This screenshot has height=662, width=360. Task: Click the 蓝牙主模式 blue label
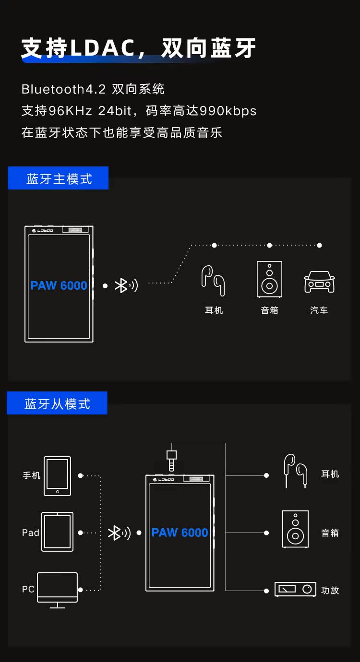pos(58,178)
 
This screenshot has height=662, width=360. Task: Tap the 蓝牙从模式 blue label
pos(57,403)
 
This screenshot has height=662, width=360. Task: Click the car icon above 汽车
pos(319,282)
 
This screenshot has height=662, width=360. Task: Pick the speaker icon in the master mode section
pos(269,279)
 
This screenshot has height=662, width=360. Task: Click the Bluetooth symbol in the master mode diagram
pos(121,285)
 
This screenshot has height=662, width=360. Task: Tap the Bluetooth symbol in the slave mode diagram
pos(114,532)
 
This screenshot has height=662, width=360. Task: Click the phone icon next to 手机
pos(57,475)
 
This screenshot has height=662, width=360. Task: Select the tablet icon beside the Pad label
pos(57,532)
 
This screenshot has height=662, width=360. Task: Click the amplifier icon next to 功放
pos(295,589)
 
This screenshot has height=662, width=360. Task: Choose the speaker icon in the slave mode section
pos(295,529)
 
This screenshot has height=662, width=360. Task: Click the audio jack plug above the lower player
pos(171,460)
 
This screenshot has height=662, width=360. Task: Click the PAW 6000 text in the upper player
pos(59,286)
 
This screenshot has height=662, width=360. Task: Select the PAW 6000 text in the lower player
pos(180,532)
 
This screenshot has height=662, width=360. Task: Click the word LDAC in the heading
pos(103,48)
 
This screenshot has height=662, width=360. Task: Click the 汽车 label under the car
pos(319,310)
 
